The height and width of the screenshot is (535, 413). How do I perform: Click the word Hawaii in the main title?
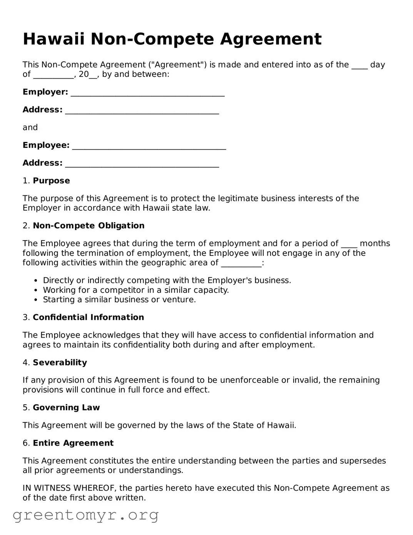pos(54,39)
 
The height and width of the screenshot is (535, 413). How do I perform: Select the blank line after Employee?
pos(149,146)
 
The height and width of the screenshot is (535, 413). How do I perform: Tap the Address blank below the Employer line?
pos(142,111)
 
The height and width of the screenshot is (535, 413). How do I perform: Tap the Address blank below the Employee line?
pos(142,164)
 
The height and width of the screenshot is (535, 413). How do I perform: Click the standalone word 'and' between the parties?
pos(30,128)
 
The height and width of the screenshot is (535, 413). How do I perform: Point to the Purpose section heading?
pos(51,181)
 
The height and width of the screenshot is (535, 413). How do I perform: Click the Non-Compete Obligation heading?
pos(89,225)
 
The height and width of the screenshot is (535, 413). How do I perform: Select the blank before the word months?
pos(349,244)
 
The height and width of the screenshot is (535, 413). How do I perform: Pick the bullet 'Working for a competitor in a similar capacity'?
pos(135,290)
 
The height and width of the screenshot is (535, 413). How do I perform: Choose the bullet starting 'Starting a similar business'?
pos(119,299)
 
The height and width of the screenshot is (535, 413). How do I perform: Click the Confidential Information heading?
pos(88,317)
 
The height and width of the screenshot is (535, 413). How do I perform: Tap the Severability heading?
pos(60,362)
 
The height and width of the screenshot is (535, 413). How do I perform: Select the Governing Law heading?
pos(66,407)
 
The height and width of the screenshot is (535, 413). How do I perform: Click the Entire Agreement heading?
pos(73,443)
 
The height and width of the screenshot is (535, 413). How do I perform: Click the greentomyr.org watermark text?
pos(85,515)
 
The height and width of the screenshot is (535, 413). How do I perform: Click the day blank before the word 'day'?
pos(359,66)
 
